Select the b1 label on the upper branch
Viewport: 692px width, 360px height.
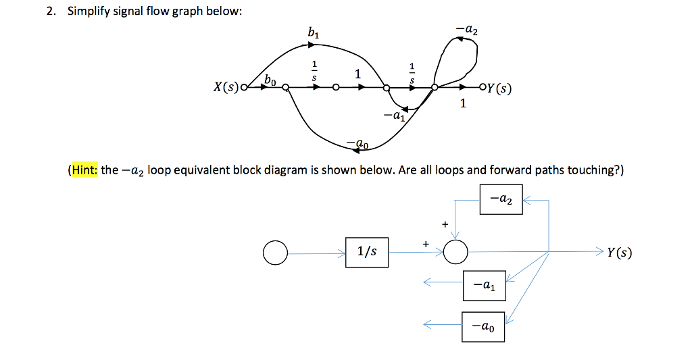click(x=312, y=32)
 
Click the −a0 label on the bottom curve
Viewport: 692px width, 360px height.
click(x=357, y=143)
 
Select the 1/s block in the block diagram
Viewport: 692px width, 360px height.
click(x=367, y=252)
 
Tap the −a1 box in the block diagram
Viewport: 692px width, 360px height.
click(x=483, y=286)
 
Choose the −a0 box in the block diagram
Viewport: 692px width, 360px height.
click(x=483, y=326)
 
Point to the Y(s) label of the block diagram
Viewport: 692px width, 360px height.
click(x=619, y=253)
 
